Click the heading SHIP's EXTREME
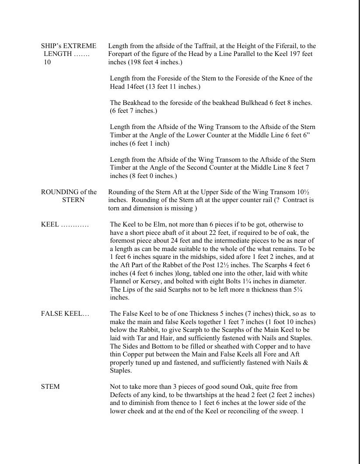click(69, 46)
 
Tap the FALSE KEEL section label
click(65, 314)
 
